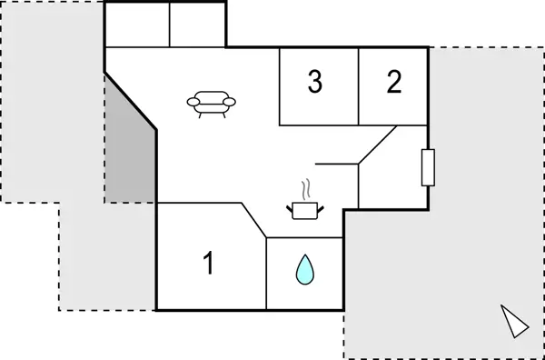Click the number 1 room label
[x=208, y=265]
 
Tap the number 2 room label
[x=393, y=83]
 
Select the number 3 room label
[x=314, y=83]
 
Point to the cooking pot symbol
[x=305, y=210]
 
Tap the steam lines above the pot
[x=308, y=189]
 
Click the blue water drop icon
[x=304, y=269]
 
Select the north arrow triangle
[x=514, y=322]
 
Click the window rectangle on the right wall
[x=429, y=167]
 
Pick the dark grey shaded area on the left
[x=127, y=145]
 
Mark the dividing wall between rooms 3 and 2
[x=359, y=86]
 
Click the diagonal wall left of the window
[x=378, y=145]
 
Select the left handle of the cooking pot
[x=290, y=207]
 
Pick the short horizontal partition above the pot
[x=337, y=164]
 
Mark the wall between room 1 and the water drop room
[x=266, y=273]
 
